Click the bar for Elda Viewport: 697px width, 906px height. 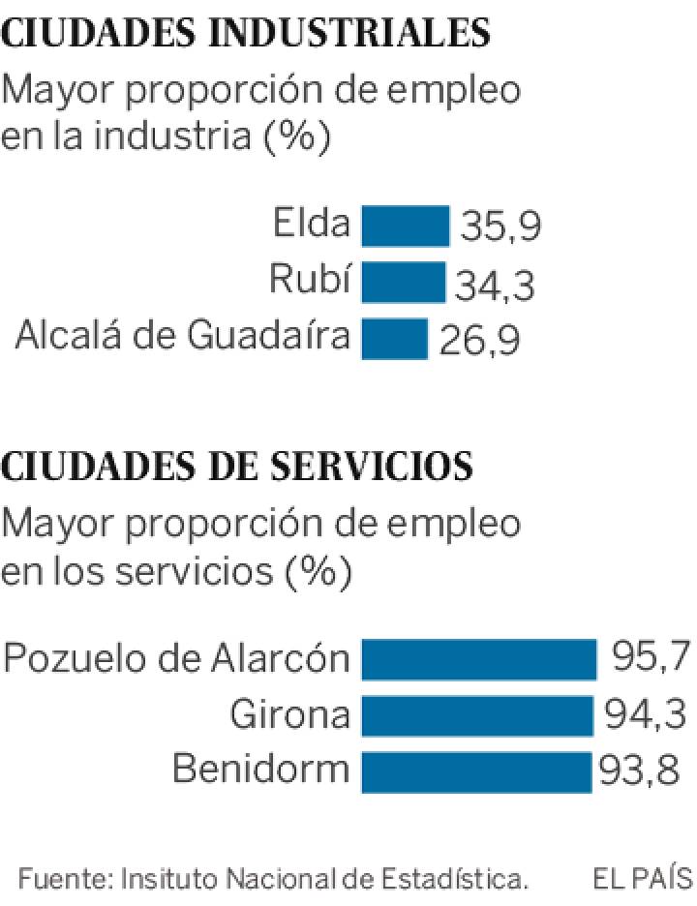click(406, 226)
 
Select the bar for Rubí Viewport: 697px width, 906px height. click(404, 283)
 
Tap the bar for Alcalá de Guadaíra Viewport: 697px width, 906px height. click(395, 339)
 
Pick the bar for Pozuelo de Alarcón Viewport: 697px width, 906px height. click(479, 659)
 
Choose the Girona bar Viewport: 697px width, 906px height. click(477, 715)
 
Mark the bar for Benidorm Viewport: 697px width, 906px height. click(476, 771)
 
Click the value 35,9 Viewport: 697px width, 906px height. click(500, 227)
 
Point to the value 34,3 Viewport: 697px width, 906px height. click(495, 285)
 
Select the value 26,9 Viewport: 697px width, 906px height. click(479, 341)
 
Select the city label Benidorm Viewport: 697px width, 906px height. click(260, 770)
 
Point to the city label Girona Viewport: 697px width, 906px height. click(289, 715)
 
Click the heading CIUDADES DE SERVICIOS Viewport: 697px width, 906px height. click(237, 467)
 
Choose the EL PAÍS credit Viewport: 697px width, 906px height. click(643, 879)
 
